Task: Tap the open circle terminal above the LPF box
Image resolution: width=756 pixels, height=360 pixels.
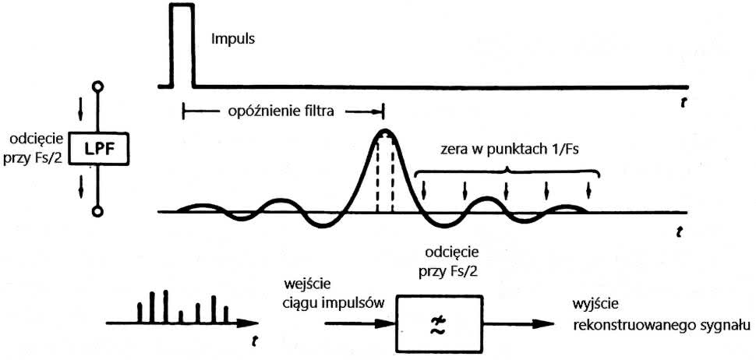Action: click(98, 86)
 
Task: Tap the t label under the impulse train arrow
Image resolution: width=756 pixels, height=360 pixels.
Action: click(253, 339)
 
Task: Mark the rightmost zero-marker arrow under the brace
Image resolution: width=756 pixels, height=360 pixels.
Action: click(588, 189)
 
